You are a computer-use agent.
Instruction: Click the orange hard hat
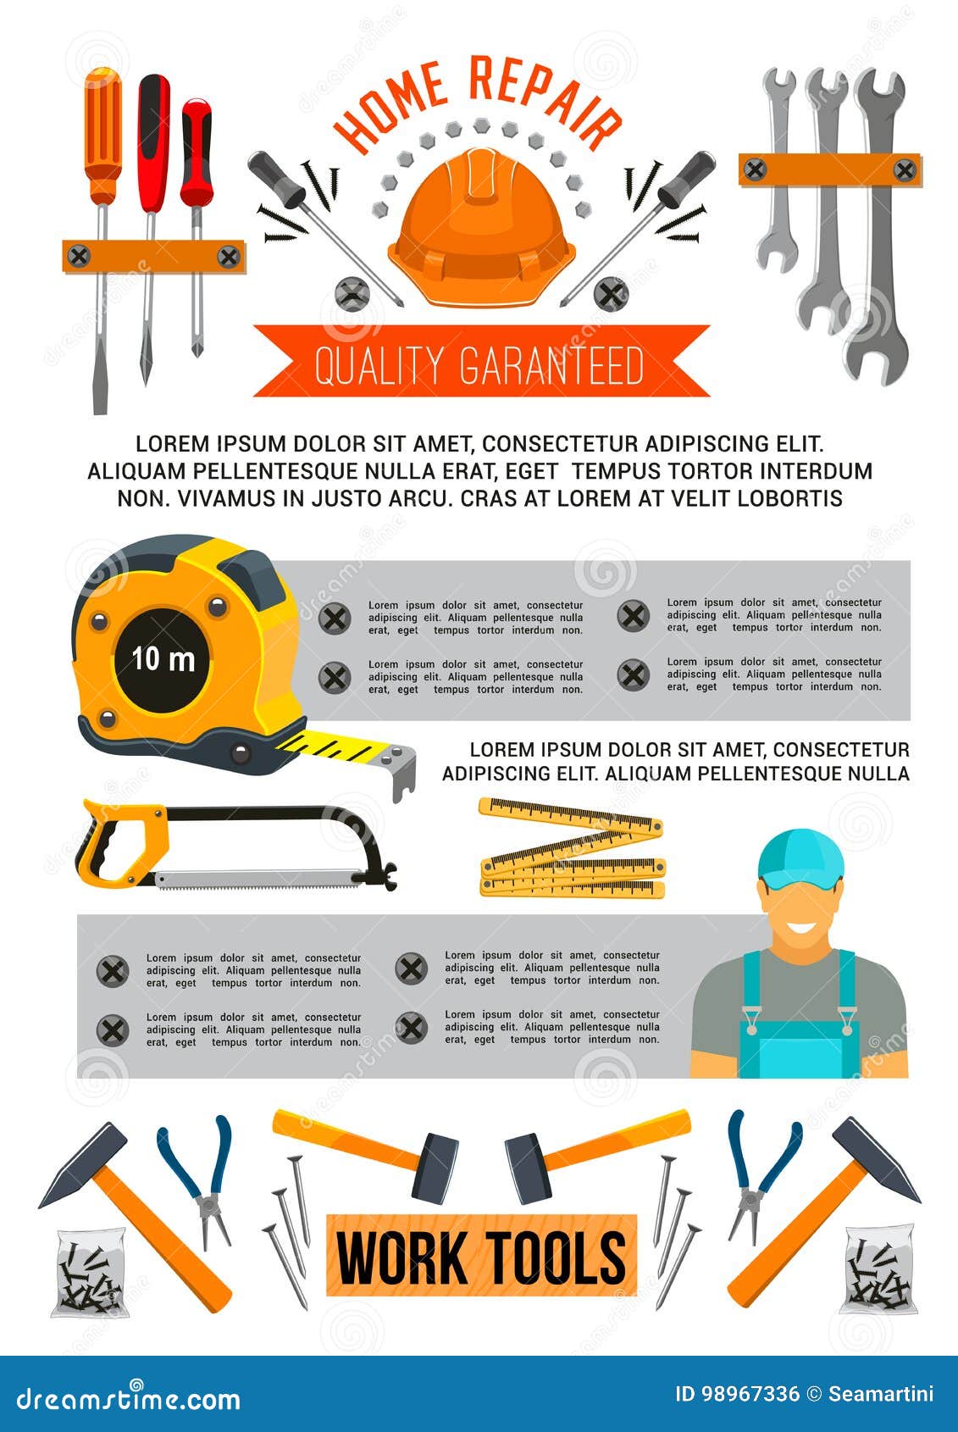pyautogui.click(x=481, y=229)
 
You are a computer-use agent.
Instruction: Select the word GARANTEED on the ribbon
pyautogui.click(x=551, y=365)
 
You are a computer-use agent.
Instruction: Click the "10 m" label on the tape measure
pyautogui.click(x=163, y=659)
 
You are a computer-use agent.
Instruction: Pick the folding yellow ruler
pyautogui.click(x=573, y=847)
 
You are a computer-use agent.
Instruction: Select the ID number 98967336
pyautogui.click(x=750, y=1394)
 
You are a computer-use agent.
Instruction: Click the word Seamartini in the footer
pyautogui.click(x=880, y=1394)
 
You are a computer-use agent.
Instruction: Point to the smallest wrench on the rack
pyautogui.click(x=778, y=169)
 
